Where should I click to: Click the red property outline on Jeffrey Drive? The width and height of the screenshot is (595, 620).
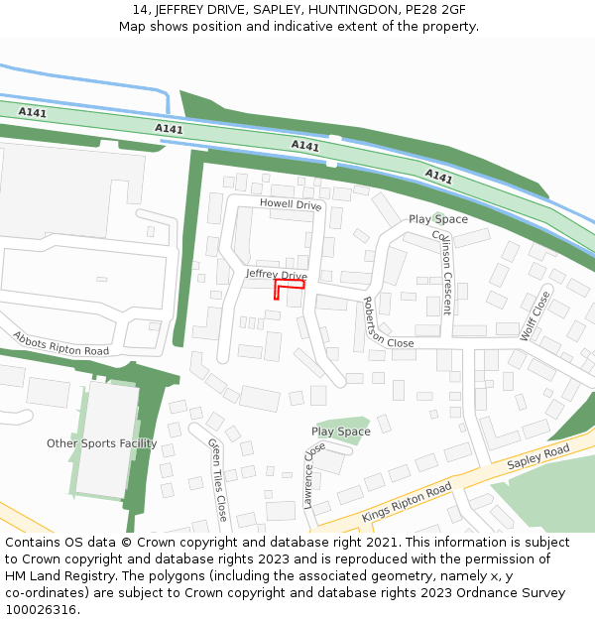[289, 286]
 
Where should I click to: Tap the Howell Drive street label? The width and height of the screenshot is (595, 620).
[291, 204]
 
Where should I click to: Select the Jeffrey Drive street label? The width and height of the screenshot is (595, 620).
[276, 274]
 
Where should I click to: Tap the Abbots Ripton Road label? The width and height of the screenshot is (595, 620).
[60, 343]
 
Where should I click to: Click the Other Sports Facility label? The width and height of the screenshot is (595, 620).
[101, 443]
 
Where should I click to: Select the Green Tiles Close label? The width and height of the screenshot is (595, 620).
[217, 480]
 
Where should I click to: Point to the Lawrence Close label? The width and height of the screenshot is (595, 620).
[314, 475]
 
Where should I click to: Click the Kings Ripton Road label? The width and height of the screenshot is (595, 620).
[407, 503]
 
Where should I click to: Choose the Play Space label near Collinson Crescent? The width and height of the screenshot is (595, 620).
[438, 219]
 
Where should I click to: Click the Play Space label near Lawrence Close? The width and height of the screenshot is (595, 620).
[340, 432]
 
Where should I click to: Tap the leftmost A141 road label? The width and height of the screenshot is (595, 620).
[32, 112]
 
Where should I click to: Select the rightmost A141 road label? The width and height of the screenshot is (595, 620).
[438, 177]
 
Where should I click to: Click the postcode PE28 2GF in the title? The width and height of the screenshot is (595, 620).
[437, 10]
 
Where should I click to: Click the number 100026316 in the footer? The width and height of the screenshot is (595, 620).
[41, 609]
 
